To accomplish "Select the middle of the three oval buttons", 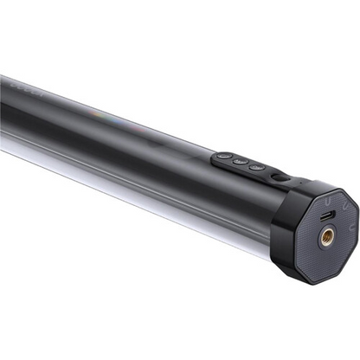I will [241, 162].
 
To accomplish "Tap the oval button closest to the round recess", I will [256, 166].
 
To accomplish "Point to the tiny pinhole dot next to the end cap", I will [299, 183].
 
